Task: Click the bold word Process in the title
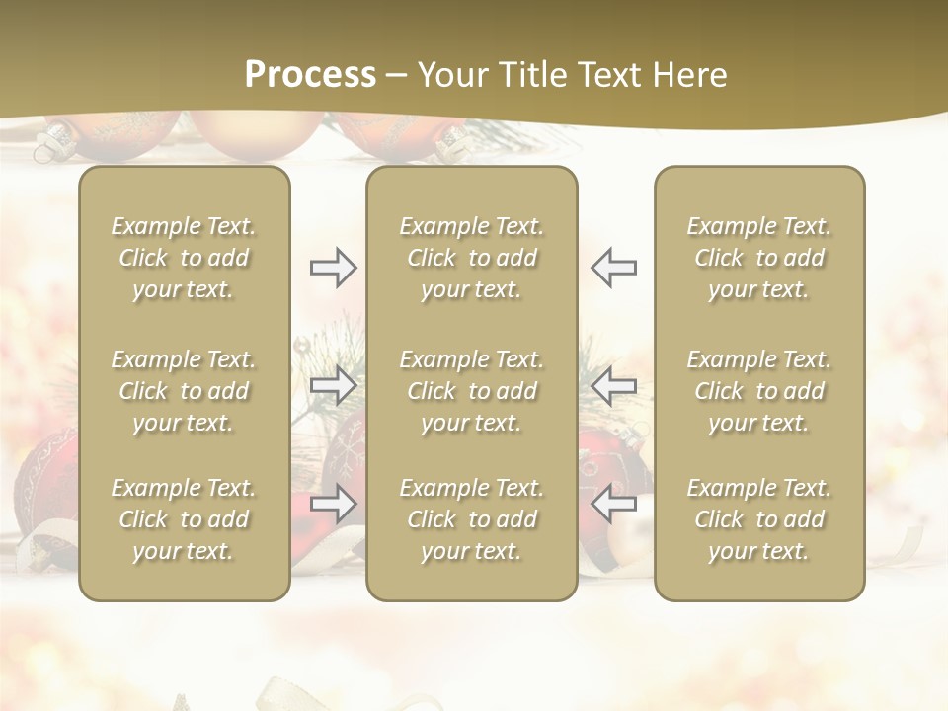310,75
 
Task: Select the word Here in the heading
690,75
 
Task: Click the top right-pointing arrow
333,268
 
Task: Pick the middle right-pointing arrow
333,385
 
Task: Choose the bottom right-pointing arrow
333,504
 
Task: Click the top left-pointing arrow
613,268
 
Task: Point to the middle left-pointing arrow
613,385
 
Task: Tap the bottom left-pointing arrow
613,504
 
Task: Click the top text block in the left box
184,258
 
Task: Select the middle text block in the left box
184,391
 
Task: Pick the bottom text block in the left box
184,519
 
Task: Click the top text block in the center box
471,258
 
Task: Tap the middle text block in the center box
471,391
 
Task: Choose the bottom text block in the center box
471,519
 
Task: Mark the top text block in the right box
759,258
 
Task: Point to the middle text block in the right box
759,391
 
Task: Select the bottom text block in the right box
759,519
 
